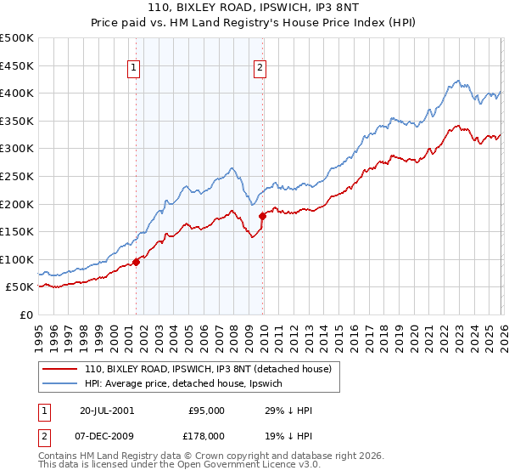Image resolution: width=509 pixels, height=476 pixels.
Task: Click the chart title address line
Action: point(255,8)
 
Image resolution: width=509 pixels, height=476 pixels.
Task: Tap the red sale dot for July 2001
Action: point(137,262)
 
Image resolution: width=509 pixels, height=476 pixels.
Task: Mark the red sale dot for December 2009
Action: point(263,216)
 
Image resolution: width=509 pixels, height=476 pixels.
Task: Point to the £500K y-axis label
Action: point(17,38)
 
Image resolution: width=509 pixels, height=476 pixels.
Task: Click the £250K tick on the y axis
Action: point(17,176)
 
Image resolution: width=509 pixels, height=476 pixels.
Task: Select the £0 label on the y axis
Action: point(25,314)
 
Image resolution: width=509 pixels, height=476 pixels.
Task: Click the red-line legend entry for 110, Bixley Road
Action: point(212,368)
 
